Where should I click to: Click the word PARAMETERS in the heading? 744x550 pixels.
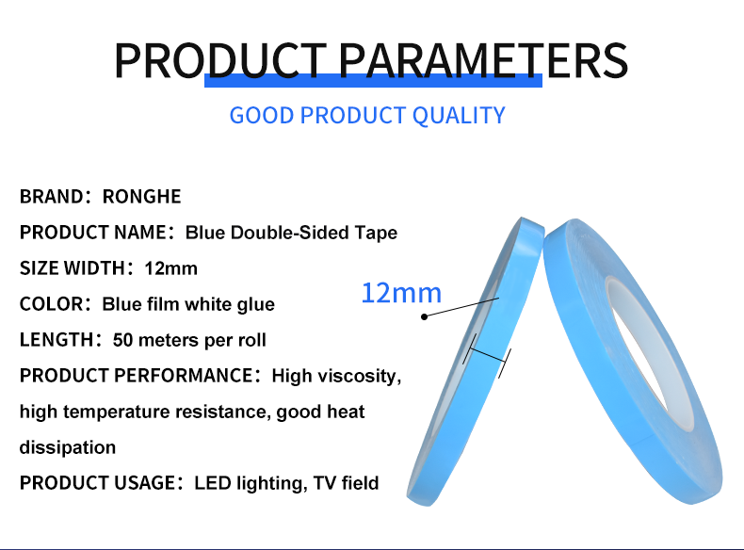483,60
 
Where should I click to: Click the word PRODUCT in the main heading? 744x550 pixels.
220,60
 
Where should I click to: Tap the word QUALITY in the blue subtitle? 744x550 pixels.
459,115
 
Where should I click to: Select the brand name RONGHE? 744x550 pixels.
142,197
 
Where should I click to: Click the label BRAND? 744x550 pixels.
51,197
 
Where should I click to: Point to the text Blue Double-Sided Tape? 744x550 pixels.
291,233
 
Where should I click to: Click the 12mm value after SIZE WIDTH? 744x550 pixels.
170,268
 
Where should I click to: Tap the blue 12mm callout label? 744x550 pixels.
401,293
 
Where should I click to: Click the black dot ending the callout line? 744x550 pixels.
424,316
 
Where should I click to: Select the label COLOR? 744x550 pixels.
51,304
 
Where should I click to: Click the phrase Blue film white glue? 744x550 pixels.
188,304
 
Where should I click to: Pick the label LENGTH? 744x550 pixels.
57,340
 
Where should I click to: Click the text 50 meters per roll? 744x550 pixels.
189,340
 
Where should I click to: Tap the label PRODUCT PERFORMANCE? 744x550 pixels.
137,376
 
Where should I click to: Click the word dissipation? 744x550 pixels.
68,447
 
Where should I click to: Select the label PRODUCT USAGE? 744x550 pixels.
97,483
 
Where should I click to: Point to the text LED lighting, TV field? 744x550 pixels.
286,483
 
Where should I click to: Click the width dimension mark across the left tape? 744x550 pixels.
487,356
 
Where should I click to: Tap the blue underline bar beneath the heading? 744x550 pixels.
373,81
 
